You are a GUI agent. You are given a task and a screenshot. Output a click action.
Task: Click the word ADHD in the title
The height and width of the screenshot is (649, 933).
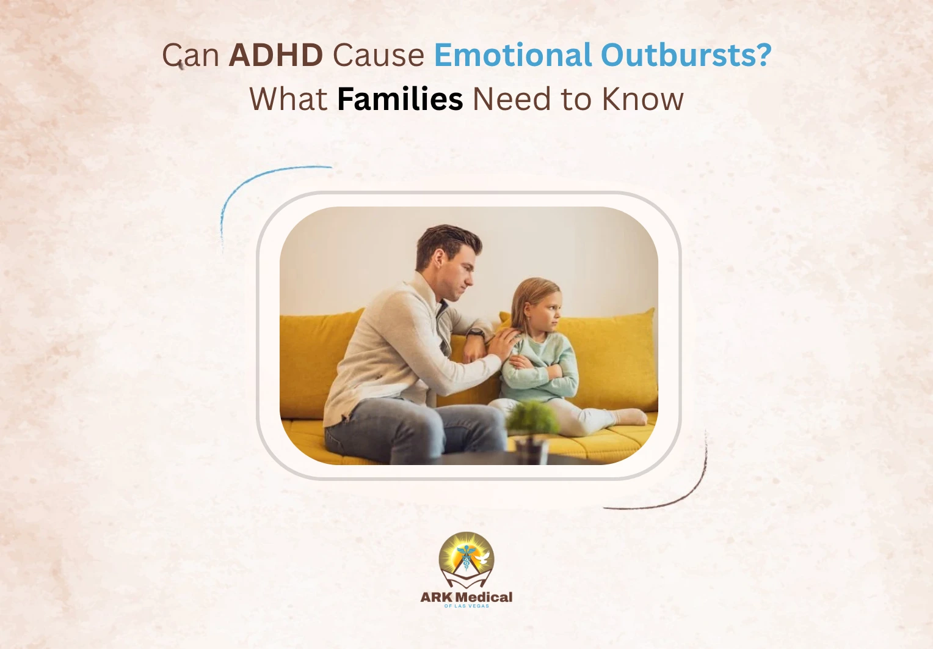[x=275, y=56]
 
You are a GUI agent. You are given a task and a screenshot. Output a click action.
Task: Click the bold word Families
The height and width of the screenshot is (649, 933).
[x=400, y=100]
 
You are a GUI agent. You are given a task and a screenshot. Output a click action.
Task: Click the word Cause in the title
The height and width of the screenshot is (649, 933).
[x=378, y=56]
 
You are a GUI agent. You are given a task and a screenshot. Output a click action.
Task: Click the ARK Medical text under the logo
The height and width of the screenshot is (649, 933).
[x=466, y=597]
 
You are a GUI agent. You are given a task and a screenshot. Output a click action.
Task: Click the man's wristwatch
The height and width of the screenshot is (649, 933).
[x=476, y=334]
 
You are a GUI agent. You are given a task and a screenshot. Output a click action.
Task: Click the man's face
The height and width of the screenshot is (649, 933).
[x=455, y=269]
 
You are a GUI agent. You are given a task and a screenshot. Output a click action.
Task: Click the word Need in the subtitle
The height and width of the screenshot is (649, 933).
[x=511, y=100]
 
